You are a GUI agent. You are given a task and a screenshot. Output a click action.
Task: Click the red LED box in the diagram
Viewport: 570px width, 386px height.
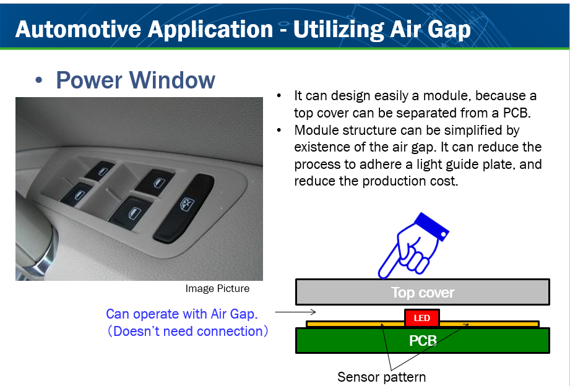422,318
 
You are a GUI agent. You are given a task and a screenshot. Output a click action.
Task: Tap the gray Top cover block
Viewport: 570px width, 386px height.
423,292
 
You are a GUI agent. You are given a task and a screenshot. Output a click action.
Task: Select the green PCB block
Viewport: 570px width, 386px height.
423,341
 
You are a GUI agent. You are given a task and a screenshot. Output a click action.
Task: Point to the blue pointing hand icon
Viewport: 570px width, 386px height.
413,246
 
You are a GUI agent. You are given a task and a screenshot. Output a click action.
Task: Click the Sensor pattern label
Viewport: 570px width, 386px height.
381,377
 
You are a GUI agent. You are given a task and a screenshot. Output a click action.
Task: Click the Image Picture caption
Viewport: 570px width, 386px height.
217,289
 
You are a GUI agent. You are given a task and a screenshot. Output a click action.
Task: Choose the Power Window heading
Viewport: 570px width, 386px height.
136,80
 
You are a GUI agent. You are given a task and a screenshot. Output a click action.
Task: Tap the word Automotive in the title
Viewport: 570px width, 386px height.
78,29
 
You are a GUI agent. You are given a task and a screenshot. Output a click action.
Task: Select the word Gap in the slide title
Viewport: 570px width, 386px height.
449,30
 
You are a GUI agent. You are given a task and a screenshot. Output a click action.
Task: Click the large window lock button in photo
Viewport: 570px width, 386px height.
184,208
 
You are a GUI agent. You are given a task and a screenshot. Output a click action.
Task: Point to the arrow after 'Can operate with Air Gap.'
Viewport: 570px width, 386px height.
295,312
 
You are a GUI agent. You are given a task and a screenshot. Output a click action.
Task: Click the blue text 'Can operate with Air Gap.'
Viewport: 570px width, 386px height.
182,314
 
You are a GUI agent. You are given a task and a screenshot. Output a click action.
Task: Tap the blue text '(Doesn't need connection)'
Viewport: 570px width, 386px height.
188,331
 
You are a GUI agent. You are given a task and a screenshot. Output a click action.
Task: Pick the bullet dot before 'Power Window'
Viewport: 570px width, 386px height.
38,80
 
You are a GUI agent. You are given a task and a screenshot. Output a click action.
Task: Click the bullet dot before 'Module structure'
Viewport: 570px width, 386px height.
279,130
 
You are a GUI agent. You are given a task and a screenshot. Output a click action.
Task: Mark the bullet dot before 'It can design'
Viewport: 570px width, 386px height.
279,96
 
